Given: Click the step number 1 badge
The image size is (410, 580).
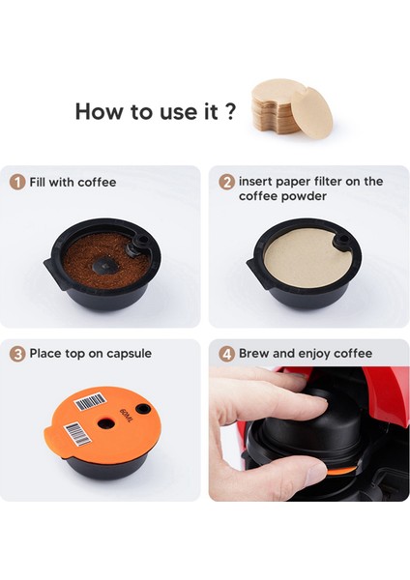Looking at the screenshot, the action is [x=17, y=183].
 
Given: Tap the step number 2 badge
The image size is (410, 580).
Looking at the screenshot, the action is [x=226, y=182].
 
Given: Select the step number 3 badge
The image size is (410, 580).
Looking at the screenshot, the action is [x=17, y=354].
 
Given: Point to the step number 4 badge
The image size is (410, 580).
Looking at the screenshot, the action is [x=226, y=354].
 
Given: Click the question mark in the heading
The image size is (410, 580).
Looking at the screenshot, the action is [x=230, y=110].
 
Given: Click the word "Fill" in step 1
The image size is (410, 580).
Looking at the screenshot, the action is [x=38, y=182].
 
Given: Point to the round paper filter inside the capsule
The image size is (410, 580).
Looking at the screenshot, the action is [x=307, y=257].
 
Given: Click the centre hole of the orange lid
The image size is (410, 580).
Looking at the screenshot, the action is [x=105, y=422].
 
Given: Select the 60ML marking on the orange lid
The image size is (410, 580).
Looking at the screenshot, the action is [x=126, y=416].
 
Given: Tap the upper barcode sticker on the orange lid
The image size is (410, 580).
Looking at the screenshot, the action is [x=91, y=402].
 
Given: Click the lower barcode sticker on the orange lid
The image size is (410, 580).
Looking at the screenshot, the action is [x=77, y=434].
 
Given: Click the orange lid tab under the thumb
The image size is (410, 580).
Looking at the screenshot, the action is [x=341, y=471].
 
